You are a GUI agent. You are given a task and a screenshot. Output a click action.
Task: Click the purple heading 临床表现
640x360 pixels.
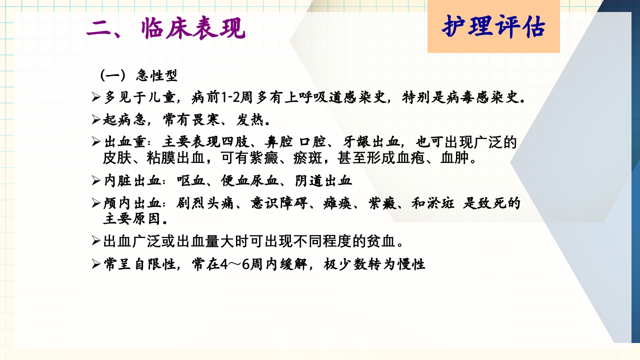(x=193, y=29)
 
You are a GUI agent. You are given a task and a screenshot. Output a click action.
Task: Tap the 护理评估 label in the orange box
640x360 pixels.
(x=493, y=27)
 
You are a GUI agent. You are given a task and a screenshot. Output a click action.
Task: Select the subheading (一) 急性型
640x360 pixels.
(x=138, y=76)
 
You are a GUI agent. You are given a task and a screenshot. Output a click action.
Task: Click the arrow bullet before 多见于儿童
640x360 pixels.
(x=96, y=97)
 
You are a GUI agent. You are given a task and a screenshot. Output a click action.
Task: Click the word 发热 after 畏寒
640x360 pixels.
(x=249, y=120)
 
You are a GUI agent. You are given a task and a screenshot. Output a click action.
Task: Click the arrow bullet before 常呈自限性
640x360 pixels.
(x=96, y=264)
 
